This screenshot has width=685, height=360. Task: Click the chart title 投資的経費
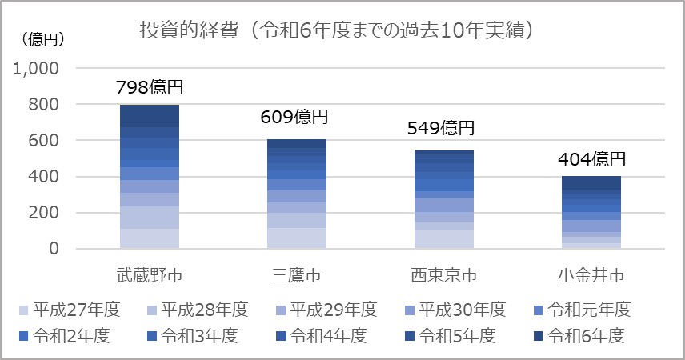click(x=337, y=30)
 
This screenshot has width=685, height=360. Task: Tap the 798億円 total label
click(x=150, y=86)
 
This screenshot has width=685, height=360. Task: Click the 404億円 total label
click(x=591, y=158)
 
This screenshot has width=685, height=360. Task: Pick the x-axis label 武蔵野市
click(x=150, y=276)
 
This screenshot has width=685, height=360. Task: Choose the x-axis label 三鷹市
click(x=295, y=276)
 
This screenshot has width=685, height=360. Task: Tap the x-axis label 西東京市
click(x=443, y=276)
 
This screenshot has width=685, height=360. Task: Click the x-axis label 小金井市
click(x=591, y=276)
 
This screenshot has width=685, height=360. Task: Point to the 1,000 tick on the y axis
click(x=37, y=69)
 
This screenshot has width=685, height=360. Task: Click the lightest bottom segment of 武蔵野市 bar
click(x=150, y=238)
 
